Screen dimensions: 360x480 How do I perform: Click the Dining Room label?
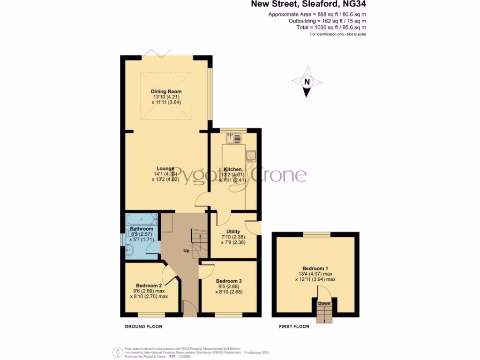point(166,91)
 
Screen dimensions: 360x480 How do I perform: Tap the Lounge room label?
point(166,169)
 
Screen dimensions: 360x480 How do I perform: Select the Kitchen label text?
point(232,169)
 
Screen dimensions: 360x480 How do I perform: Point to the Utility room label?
point(233,232)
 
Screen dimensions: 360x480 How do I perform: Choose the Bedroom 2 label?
point(149,285)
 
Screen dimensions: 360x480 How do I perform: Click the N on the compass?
point(307,82)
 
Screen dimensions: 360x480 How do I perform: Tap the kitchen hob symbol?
point(251,156)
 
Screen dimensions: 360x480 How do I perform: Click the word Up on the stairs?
point(186,251)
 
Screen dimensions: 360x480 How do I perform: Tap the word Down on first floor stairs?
point(324,303)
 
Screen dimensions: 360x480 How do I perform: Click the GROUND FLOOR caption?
point(143,326)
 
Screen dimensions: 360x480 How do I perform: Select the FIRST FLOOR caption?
point(294,326)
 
